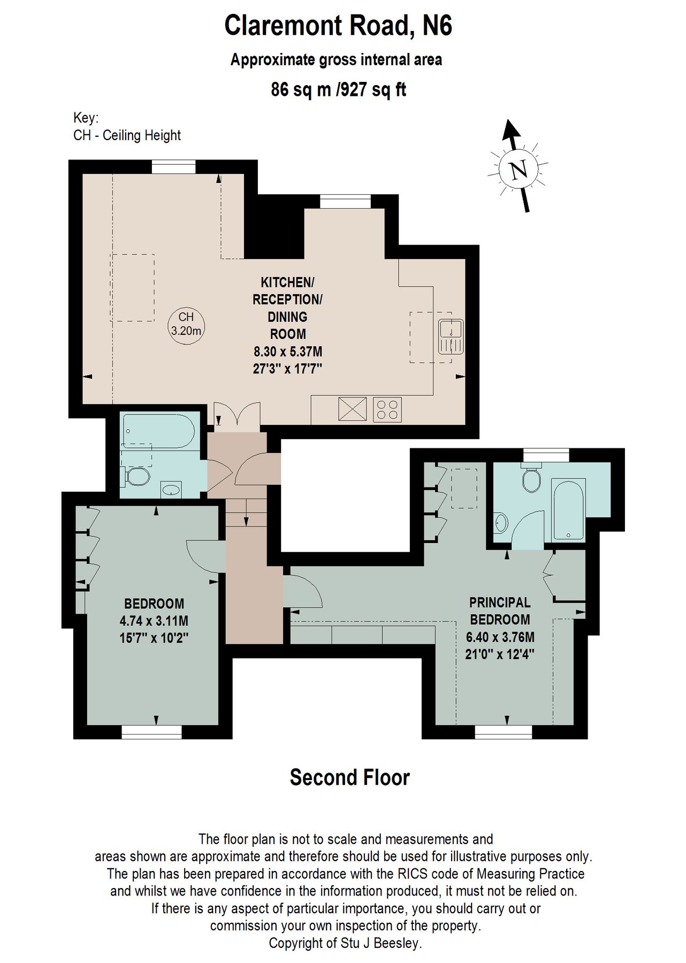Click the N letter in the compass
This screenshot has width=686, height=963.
tap(517, 170)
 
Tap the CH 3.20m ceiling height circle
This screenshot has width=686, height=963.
tap(186, 324)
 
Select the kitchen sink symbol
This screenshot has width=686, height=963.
tap(451, 337)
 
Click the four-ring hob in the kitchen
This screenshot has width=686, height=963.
tap(387, 409)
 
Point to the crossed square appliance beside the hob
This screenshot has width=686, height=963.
tap(352, 409)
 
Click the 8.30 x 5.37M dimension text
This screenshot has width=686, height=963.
tap(288, 351)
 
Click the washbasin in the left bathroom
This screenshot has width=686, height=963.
tap(171, 490)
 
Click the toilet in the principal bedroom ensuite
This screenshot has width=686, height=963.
tap(532, 480)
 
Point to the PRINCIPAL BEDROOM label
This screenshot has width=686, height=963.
tap(499, 611)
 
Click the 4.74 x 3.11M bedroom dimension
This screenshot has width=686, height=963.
tap(154, 621)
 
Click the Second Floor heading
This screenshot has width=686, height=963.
tap(349, 777)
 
